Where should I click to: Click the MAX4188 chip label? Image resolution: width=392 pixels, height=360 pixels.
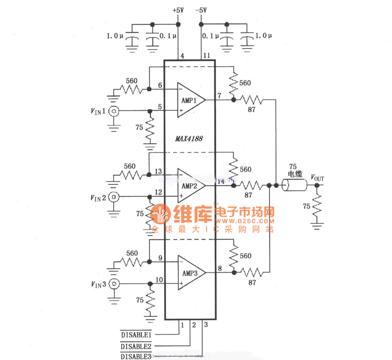pyautogui.click(x=189, y=139)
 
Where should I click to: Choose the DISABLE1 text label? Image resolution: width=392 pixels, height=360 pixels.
pyautogui.click(x=136, y=334)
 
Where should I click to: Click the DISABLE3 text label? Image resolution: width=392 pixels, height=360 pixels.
pyautogui.click(x=136, y=356)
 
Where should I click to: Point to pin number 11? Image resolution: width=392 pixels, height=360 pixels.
pyautogui.click(x=207, y=56)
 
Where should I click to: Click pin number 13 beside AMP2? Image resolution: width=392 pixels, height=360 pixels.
pyautogui.click(x=158, y=171)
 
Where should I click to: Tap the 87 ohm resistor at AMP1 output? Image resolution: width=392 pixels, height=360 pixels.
pyautogui.click(x=254, y=100)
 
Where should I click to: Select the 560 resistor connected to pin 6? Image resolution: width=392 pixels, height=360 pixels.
pyautogui.click(x=131, y=90)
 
